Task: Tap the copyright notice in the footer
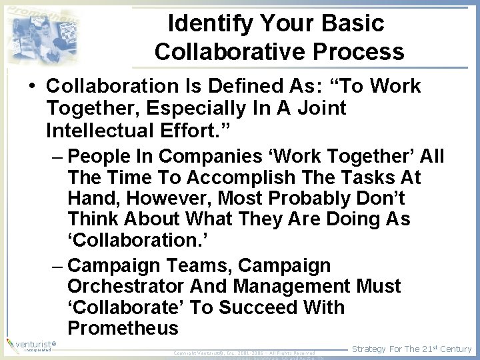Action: pos(244,352)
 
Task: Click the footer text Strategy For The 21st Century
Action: pos(411,349)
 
